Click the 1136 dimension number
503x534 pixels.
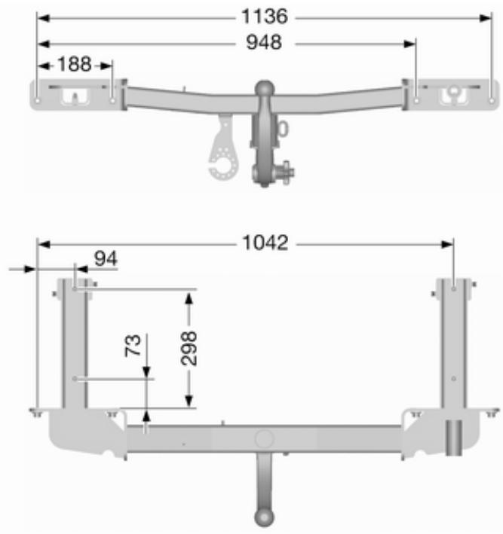(265, 17)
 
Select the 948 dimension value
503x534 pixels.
(264, 43)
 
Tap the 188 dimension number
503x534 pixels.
(75, 64)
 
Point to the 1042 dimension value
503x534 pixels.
(265, 243)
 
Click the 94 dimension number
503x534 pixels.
(106, 259)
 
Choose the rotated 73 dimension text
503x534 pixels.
(133, 345)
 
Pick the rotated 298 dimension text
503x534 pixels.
(189, 349)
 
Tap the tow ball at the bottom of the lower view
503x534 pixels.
(264, 518)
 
